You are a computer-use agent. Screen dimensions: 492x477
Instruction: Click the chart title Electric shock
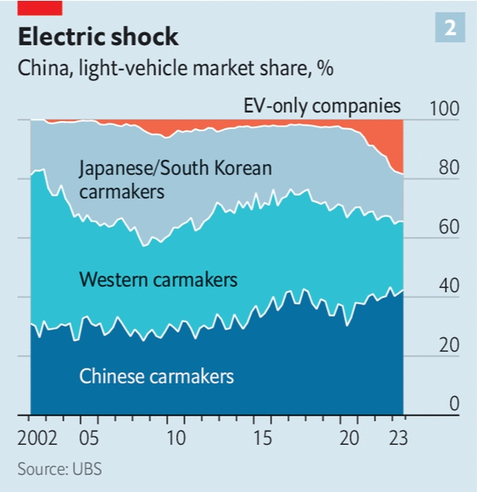[x=98, y=37]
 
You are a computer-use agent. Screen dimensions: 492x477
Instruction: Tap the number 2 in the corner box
[x=450, y=29]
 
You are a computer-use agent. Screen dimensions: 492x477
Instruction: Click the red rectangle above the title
[x=39, y=7]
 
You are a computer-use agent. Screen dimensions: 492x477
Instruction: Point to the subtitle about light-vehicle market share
[x=175, y=68]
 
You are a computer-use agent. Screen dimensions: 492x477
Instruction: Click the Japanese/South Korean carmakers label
[x=175, y=179]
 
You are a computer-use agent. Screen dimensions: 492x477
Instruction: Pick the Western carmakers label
[x=158, y=279]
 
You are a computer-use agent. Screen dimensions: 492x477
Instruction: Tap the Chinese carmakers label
[x=156, y=376]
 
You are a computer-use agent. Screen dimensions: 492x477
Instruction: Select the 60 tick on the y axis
[x=447, y=228]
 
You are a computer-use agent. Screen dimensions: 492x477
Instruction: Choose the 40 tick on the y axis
[x=447, y=287]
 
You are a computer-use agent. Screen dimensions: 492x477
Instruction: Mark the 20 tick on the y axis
[x=447, y=346]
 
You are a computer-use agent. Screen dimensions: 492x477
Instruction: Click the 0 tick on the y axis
[x=453, y=404]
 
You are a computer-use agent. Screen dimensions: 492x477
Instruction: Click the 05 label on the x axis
[x=88, y=438]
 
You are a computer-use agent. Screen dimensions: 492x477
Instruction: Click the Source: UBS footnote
[x=60, y=469]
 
